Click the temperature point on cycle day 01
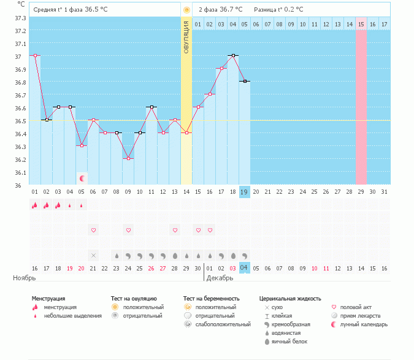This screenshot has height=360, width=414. coord(35,55)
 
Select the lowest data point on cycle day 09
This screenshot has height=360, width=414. coord(128,158)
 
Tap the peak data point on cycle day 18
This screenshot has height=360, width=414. coord(233,55)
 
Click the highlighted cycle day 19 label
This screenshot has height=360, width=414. coord(244,192)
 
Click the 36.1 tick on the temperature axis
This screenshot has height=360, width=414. coord(20,172)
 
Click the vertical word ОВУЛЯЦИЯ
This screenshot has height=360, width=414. coord(186,36)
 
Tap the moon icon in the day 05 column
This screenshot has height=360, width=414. coord(82,178)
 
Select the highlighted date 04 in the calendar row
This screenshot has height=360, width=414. coord(244,268)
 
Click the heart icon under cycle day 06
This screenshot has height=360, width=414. coord(93,230)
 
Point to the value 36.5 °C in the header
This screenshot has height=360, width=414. coord(96,10)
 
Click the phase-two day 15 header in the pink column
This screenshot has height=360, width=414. coord(361,24)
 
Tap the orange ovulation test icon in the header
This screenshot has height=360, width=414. coord(186,10)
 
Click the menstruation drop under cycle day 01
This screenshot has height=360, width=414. coord(35,205)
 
